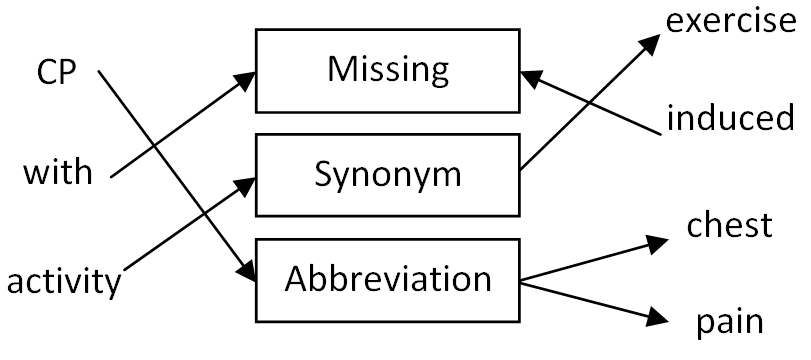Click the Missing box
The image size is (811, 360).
click(388, 70)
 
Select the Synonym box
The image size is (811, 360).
click(388, 174)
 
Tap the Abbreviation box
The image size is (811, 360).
click(388, 277)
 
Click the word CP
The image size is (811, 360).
click(56, 74)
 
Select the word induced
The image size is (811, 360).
click(731, 120)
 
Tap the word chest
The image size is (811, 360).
click(730, 225)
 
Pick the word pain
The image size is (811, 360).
click(730, 322)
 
